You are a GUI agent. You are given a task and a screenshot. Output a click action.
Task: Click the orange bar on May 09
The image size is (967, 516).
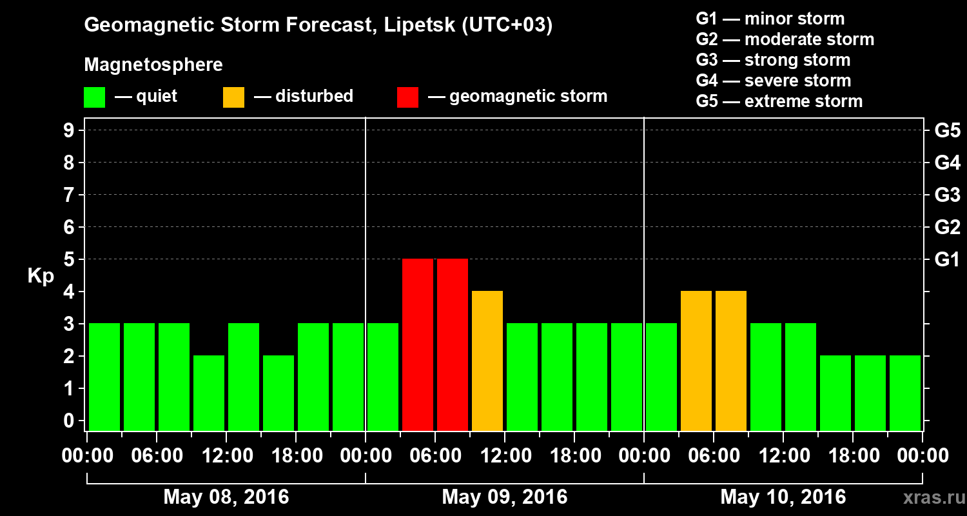[x=487, y=361]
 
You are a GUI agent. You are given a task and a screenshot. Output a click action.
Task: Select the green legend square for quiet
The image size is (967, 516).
[x=94, y=97]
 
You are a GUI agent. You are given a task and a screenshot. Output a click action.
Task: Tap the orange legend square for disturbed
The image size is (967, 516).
[x=233, y=97]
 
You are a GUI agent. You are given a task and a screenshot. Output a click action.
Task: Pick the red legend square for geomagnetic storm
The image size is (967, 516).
[x=407, y=97]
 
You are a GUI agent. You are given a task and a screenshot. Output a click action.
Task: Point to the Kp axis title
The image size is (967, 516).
[x=41, y=276]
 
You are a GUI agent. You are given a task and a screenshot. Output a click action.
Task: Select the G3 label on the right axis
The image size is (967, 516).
[x=947, y=195]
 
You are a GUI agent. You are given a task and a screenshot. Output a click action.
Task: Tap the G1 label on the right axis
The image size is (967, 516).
[x=947, y=260]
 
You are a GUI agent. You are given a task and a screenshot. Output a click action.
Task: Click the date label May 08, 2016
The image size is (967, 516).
[x=226, y=497]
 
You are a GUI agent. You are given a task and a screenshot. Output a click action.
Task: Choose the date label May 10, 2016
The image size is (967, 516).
[x=783, y=497]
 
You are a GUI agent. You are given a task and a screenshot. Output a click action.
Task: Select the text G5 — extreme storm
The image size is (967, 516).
[x=779, y=101]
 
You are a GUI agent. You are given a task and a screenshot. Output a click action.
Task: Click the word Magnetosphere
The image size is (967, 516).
[x=153, y=65]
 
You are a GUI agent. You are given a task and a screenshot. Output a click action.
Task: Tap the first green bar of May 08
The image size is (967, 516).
[x=104, y=377]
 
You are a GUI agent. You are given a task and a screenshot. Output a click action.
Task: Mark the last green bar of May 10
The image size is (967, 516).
[x=905, y=393]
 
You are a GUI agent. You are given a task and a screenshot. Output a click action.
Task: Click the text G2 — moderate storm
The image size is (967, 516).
[x=785, y=39]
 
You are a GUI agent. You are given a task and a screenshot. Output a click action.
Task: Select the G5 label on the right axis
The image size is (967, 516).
[x=947, y=131]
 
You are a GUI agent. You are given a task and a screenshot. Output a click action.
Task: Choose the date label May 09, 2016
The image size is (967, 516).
[x=505, y=497]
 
